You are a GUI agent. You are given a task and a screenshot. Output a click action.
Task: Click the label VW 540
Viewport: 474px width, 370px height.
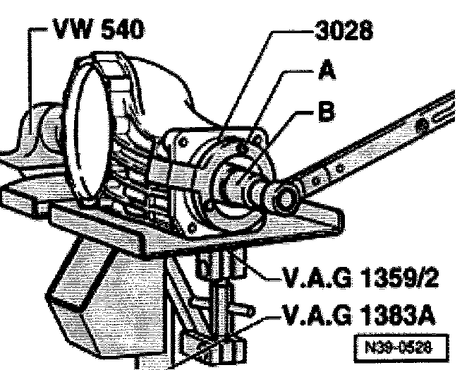(92, 32)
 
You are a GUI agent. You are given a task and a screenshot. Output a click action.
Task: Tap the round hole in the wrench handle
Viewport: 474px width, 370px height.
(423, 126)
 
